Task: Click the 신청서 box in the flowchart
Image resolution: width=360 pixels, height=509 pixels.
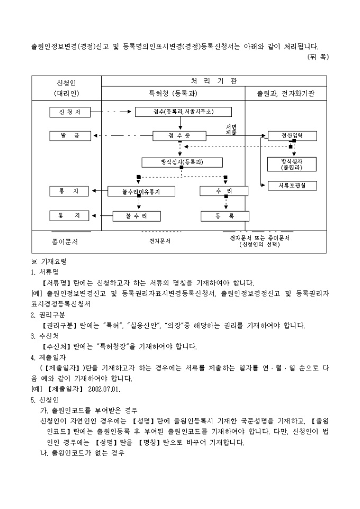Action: tap(70, 112)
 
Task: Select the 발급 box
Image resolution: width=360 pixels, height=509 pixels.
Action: tap(70, 136)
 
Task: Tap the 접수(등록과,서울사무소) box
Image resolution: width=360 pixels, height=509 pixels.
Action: tap(183, 112)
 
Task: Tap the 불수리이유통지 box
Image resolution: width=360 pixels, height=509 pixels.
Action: tap(141, 192)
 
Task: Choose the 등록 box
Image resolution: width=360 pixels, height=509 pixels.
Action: tap(225, 216)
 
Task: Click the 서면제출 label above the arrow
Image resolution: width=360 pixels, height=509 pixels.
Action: tap(231, 129)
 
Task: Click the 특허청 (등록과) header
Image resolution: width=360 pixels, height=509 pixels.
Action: tap(173, 93)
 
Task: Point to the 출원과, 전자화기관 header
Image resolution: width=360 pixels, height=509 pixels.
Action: tap(285, 93)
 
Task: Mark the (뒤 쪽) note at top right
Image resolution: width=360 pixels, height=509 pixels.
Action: tap(318, 57)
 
